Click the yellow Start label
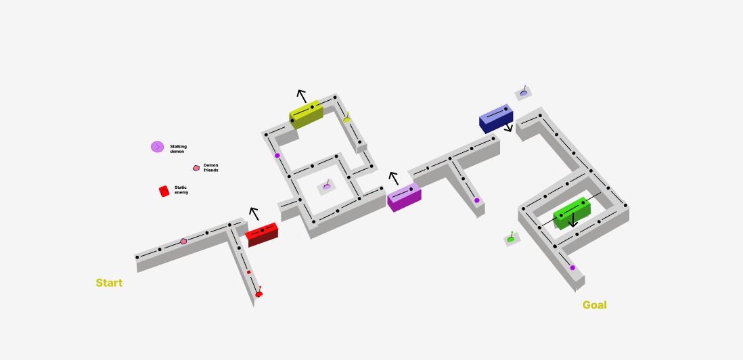109,283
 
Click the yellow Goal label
594,305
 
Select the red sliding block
262,234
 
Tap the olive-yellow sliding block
306,114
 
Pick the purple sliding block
404,197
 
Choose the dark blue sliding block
496,118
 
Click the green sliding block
572,213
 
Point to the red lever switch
258,293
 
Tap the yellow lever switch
347,118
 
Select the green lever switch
511,238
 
